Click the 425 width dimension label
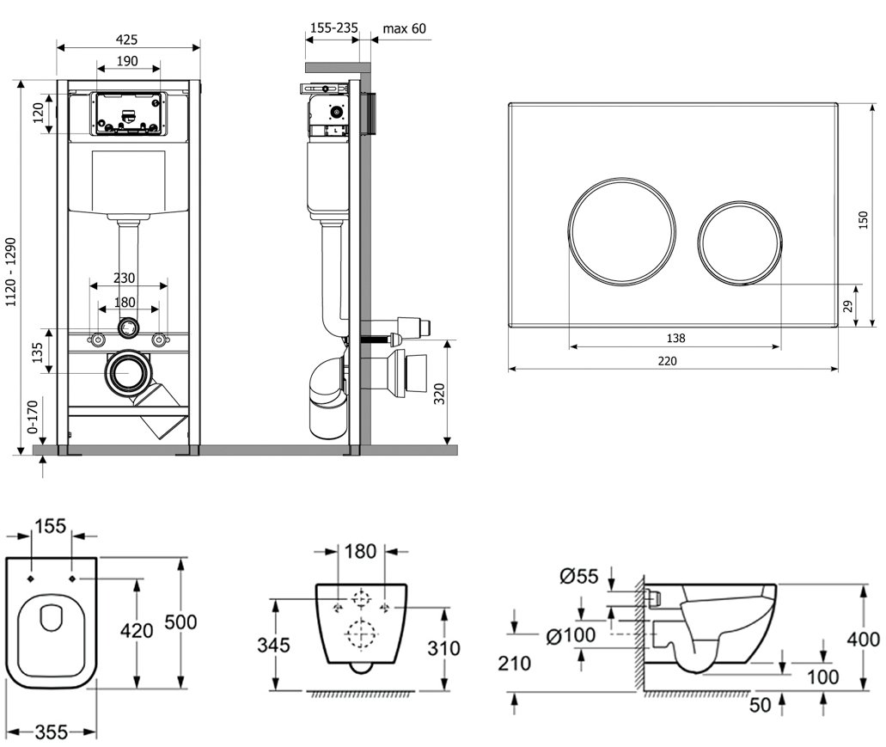(x=127, y=40)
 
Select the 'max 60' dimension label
(x=404, y=28)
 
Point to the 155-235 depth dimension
(x=333, y=28)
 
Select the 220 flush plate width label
(x=667, y=361)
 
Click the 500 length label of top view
(x=198, y=621)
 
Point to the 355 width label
(x=52, y=732)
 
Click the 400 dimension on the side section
(x=863, y=639)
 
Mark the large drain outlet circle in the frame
(x=128, y=373)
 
